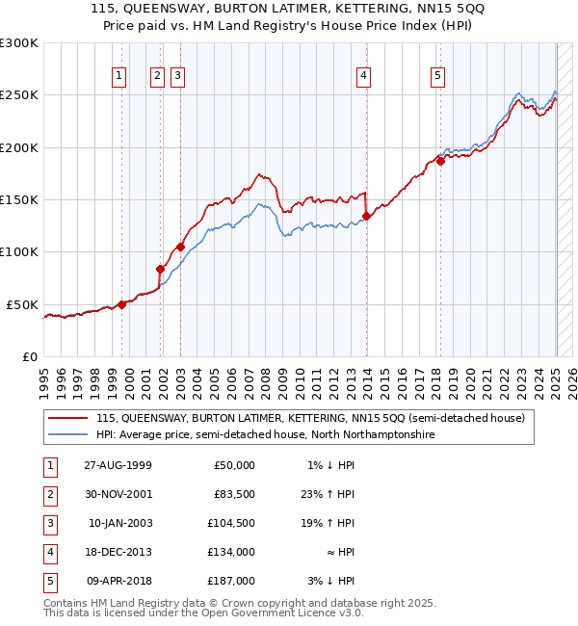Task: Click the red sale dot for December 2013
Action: pos(366,216)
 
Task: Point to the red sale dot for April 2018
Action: pos(440,161)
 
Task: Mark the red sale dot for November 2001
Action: pos(160,269)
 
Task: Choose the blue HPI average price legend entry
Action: pos(265,435)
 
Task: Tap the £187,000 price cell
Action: pos(232,581)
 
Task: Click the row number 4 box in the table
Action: pos(48,552)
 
